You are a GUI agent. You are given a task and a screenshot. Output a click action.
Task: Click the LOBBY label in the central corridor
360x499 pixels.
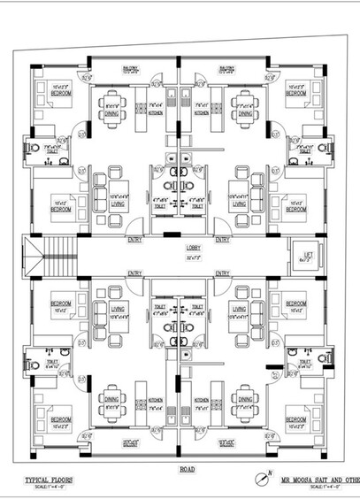click(180, 249)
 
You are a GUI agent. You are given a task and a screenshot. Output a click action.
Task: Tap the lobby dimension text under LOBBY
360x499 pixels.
click(180, 257)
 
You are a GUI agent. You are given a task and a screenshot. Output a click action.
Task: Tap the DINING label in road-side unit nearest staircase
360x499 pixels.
click(111, 399)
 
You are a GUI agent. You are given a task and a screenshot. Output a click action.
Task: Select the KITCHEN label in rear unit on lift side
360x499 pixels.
click(202, 112)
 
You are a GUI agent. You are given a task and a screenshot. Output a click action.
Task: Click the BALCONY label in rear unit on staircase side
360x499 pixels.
click(130, 67)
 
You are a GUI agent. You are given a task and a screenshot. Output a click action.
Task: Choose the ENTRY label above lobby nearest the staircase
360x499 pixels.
click(134, 239)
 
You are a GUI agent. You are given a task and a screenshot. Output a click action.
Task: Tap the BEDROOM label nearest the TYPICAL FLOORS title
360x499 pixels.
click(60, 419)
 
